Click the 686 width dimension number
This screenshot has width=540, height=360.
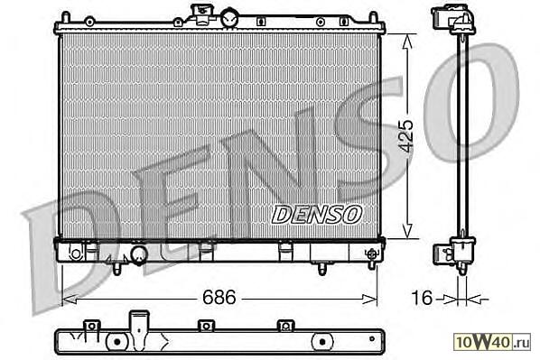tap(219, 297)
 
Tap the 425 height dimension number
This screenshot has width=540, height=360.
tap(406, 136)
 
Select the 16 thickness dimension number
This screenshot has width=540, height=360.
tap(422, 298)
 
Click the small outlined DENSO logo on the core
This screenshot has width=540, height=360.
tap(317, 215)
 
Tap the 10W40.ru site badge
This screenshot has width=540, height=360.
tap(492, 342)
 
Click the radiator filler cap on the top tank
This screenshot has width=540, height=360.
tap(200, 14)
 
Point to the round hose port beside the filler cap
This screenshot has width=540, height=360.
tap(229, 18)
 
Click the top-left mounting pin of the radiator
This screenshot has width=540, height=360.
tap(65, 17)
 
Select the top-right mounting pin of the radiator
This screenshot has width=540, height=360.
tap(373, 17)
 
